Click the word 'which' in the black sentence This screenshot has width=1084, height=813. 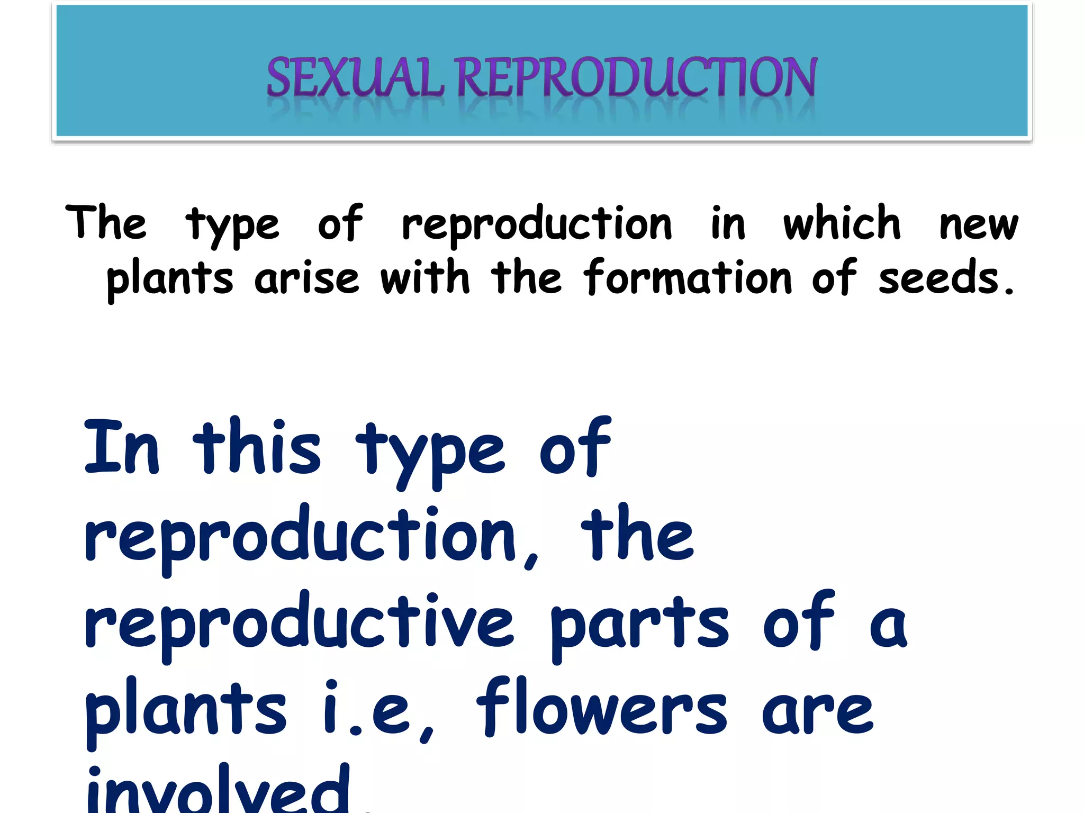(842, 223)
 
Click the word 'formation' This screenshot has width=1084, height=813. (688, 277)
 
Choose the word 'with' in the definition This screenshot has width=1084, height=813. (424, 277)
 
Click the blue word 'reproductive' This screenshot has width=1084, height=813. (299, 622)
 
